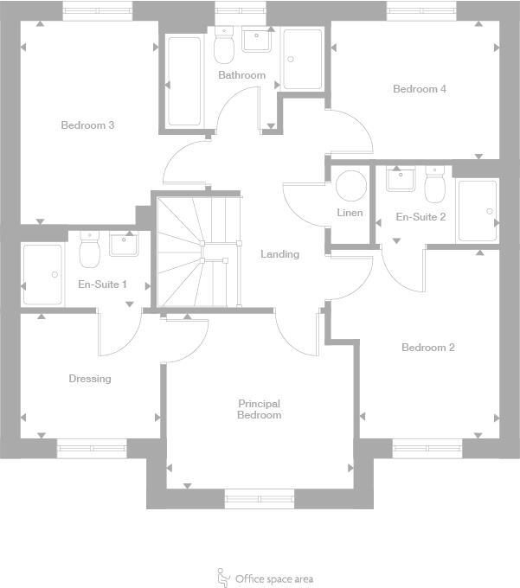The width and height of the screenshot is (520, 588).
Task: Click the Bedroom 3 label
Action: click(x=87, y=125)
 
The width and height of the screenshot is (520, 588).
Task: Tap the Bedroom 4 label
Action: click(x=420, y=89)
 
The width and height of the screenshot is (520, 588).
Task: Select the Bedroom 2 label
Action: click(x=428, y=348)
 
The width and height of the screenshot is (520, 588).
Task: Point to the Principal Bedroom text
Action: click(x=260, y=409)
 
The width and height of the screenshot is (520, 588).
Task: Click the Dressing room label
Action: click(x=90, y=379)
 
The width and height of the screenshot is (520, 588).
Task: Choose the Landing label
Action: click(x=280, y=254)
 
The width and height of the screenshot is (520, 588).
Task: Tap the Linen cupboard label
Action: click(x=350, y=214)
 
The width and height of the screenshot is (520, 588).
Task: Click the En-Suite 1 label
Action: click(x=103, y=284)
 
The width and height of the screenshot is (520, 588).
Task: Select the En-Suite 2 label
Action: click(x=420, y=217)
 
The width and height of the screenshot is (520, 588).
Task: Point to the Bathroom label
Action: click(x=241, y=75)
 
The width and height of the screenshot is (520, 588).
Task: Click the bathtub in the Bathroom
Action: click(x=184, y=80)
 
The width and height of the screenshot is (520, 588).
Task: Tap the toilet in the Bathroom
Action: click(x=224, y=47)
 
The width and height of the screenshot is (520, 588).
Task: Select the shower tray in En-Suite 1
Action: click(x=42, y=274)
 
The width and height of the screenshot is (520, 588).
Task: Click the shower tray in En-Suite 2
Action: click(x=478, y=210)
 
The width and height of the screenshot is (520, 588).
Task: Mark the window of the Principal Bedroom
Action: click(x=260, y=497)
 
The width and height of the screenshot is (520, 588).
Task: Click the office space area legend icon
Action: click(x=223, y=577)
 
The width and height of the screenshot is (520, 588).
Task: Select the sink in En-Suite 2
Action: click(x=401, y=180)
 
